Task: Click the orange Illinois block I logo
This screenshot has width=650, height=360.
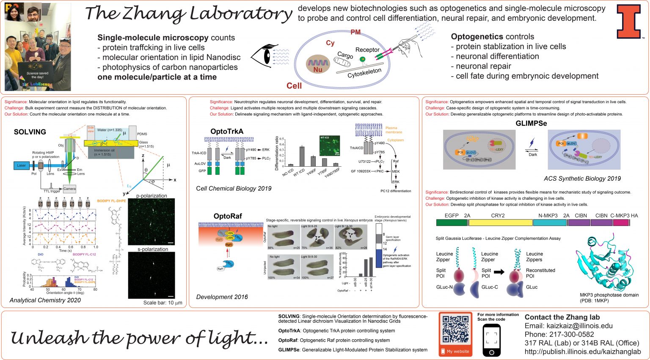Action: pyautogui.click(x=628, y=22)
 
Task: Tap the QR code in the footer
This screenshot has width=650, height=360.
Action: pyautogui.click(x=455, y=330)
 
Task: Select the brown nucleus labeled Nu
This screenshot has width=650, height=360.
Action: pyautogui.click(x=318, y=65)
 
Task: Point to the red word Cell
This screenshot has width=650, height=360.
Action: pyautogui.click(x=294, y=86)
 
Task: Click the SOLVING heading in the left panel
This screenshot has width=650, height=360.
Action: pyautogui.click(x=30, y=132)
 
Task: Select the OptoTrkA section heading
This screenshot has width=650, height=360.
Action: pyautogui.click(x=227, y=132)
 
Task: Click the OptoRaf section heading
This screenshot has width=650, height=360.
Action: pyautogui.click(x=228, y=216)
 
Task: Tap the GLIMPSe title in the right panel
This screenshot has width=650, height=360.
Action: pyautogui.click(x=531, y=124)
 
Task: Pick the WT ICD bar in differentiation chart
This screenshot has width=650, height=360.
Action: pyautogui.click(x=302, y=156)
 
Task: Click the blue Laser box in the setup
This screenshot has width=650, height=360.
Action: pyautogui.click(x=22, y=165)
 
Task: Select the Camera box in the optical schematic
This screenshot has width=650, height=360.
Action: pyautogui.click(x=69, y=189)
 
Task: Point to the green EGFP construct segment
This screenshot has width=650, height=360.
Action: pyautogui.click(x=452, y=223)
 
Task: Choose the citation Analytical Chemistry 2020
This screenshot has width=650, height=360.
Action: pyautogui.click(x=45, y=300)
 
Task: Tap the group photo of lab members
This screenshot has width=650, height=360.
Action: pyautogui.click(x=38, y=47)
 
